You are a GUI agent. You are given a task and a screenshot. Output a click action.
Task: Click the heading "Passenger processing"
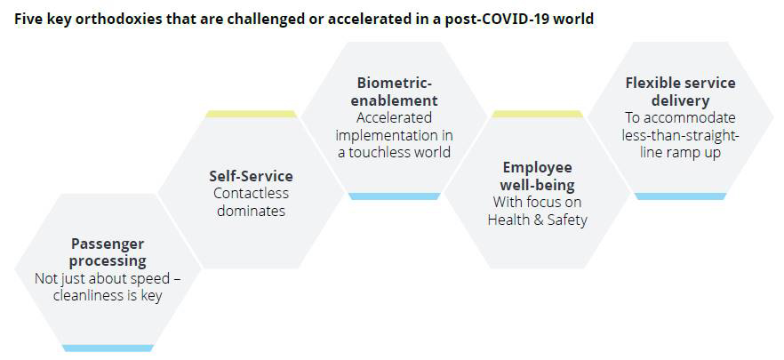pyautogui.click(x=108, y=252)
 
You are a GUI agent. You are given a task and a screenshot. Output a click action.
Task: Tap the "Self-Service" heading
pyautogui.click(x=251, y=176)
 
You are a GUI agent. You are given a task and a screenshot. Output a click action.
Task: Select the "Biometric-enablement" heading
pyautogui.click(x=394, y=92)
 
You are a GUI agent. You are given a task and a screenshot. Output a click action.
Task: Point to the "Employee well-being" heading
pyautogui.click(x=538, y=176)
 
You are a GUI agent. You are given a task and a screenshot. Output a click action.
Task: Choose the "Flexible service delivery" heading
pyautogui.click(x=680, y=92)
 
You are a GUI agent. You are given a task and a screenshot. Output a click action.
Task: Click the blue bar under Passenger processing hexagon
pyautogui.click(x=108, y=348)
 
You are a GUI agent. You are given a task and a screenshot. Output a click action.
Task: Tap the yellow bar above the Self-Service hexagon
pyautogui.click(x=251, y=114)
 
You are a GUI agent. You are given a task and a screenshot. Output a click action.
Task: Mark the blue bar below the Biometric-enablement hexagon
pyautogui.click(x=394, y=196)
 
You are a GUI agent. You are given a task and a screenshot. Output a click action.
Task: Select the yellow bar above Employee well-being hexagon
pyautogui.click(x=538, y=114)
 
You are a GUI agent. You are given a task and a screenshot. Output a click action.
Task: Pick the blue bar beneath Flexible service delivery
pyautogui.click(x=680, y=196)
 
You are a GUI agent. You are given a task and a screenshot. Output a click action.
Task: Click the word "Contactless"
pyautogui.click(x=251, y=193)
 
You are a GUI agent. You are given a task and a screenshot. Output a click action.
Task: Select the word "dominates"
pyautogui.click(x=251, y=210)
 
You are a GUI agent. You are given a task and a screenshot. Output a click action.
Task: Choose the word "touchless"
pyautogui.click(x=376, y=152)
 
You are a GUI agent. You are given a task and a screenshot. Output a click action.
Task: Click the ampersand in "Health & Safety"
pyautogui.click(x=538, y=220)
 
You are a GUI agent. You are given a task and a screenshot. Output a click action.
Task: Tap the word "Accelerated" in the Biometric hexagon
pyautogui.click(x=394, y=118)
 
